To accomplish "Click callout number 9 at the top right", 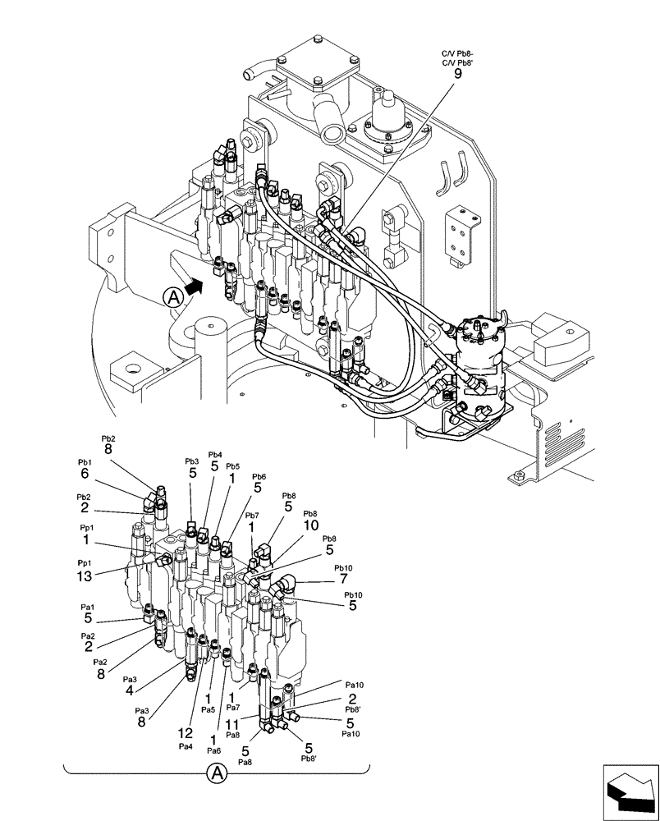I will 458,73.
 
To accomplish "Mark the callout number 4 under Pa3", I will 129,690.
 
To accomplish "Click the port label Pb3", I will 191,461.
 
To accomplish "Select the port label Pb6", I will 259,476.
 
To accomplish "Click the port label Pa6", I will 213,750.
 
